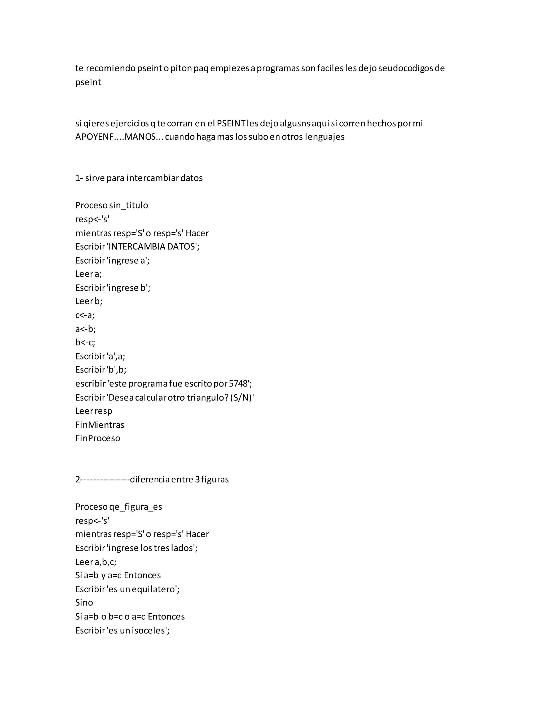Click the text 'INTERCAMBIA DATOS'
tap(153, 247)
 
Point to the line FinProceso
tap(98, 438)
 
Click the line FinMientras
tap(100, 425)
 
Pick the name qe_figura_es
tap(136, 507)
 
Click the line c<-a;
tap(85, 315)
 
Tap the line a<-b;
tap(86, 329)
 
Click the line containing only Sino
tap(84, 603)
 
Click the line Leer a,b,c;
tap(96, 562)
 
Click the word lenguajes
tap(325, 137)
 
